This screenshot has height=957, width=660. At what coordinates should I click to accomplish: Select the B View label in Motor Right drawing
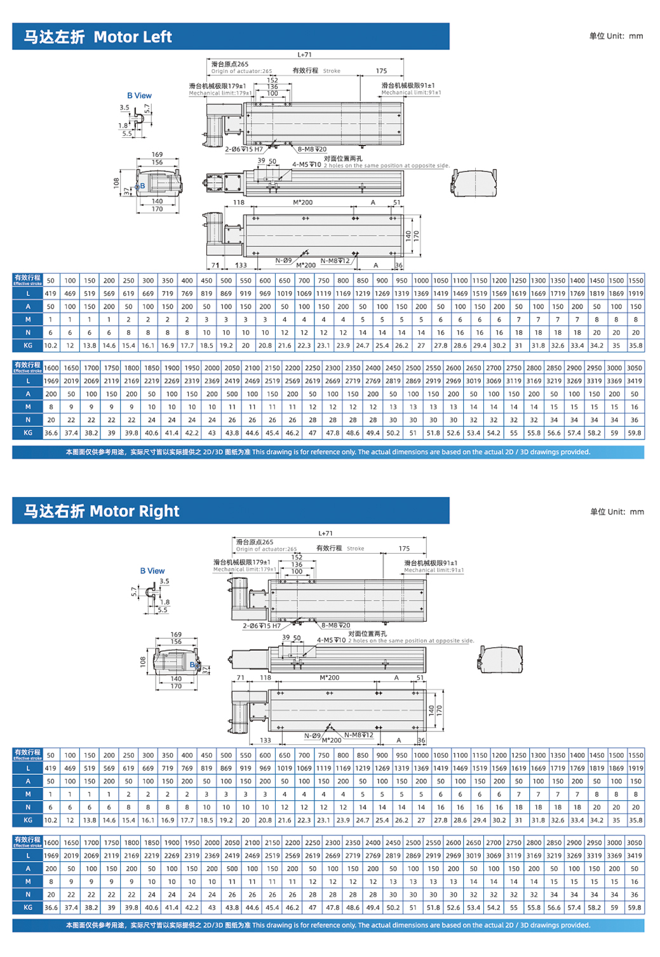pos(152,571)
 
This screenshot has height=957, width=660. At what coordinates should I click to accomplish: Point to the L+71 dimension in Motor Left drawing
pos(304,55)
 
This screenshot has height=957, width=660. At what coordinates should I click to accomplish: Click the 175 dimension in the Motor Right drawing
pos(404,548)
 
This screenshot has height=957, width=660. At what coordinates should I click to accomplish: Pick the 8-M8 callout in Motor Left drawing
pos(312,150)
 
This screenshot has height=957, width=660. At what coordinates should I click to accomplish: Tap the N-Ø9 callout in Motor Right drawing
pos(312,735)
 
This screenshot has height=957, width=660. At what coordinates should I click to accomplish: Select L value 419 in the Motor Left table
pos(51,294)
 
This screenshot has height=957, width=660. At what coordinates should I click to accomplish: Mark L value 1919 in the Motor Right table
pos(635,768)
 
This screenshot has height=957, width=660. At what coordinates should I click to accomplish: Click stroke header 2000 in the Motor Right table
pos(212,843)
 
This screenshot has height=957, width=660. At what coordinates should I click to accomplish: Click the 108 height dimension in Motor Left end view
pos(116,183)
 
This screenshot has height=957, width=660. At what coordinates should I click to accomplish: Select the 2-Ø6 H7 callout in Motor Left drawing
pos(243,150)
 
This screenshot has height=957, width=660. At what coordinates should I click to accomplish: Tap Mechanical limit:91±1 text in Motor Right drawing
pos(434,570)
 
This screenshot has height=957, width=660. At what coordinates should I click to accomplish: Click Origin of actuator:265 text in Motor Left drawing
pos(241,71)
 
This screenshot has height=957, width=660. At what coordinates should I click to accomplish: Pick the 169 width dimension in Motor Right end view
pos(176,634)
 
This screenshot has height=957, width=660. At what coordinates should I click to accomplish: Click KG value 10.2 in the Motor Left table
pos(51,346)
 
